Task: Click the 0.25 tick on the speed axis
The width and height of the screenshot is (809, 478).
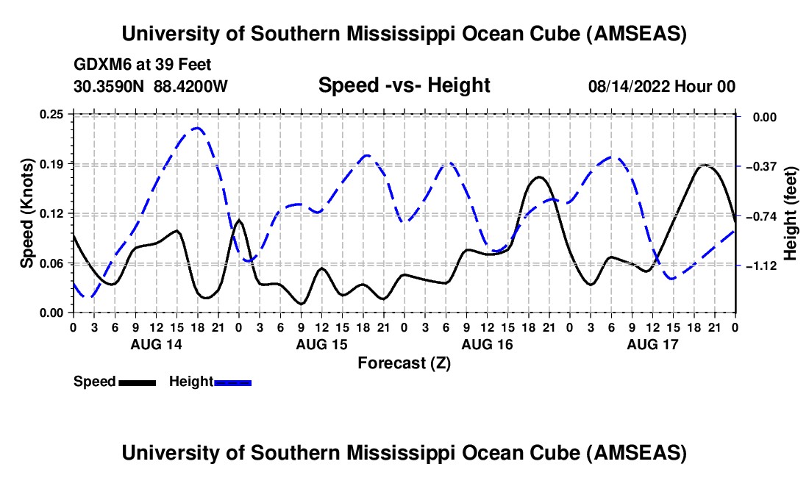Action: point(52,114)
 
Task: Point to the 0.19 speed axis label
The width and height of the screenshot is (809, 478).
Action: point(52,163)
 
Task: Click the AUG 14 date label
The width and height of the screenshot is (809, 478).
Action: point(155,344)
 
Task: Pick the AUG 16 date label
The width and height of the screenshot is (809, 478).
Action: point(486,344)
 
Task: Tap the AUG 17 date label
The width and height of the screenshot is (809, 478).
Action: point(652,344)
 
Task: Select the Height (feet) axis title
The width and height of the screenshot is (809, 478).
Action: point(791,213)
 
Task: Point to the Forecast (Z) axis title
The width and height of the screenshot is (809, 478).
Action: point(404,363)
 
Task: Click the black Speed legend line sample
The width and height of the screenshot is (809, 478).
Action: point(136,382)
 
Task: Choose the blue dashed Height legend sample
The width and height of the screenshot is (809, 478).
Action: point(232,382)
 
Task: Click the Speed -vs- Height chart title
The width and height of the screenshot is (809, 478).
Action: point(404,85)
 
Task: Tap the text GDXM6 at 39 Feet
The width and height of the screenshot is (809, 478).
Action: point(143,65)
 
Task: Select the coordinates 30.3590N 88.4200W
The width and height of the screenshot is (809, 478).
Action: point(151,86)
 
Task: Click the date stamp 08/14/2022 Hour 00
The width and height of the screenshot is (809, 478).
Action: point(662,86)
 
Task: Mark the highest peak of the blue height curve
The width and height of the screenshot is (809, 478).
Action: point(196,129)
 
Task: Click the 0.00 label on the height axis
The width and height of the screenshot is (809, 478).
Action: point(760,117)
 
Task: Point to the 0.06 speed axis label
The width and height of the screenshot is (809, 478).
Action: point(52,263)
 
